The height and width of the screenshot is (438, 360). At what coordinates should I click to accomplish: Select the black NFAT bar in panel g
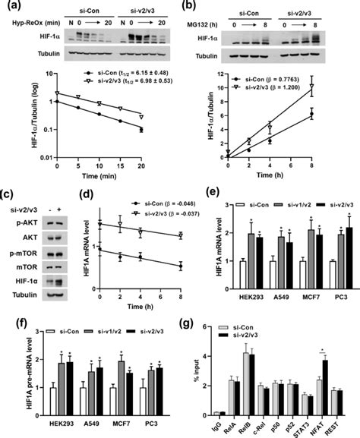click(325, 377)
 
